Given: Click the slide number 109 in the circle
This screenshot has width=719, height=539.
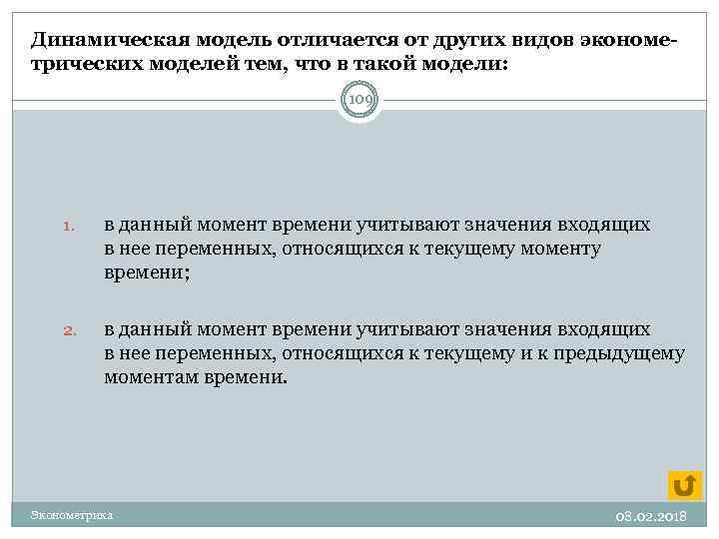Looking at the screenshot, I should pos(359,100).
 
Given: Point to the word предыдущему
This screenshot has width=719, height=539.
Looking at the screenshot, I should pos(624,352).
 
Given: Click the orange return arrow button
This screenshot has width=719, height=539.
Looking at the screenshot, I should pos(684,484).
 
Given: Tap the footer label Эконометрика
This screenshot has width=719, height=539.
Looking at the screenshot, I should pos(72,515).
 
